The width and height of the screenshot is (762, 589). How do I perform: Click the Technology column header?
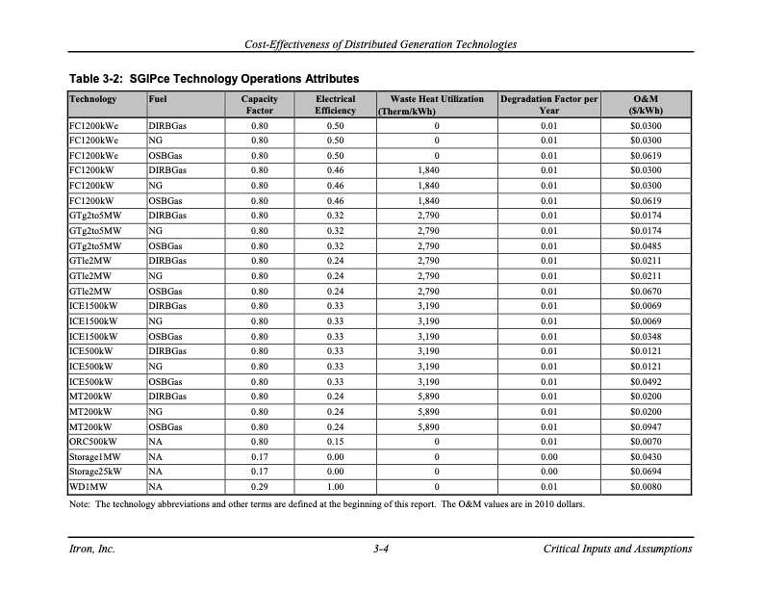click(x=93, y=99)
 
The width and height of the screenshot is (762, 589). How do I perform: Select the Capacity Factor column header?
click(x=259, y=105)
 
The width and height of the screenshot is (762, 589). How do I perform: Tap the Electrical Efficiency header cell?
click(x=335, y=105)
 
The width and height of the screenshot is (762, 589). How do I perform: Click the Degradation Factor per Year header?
click(x=549, y=105)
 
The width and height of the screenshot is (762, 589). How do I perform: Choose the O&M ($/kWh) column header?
click(x=647, y=105)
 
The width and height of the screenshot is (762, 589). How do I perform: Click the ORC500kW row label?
click(x=94, y=441)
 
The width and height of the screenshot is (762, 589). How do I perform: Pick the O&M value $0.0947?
click(x=647, y=425)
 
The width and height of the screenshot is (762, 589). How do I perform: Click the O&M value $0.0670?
click(x=647, y=291)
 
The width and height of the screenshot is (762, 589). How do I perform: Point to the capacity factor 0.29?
click(x=259, y=487)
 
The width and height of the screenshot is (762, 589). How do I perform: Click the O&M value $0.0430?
click(x=647, y=456)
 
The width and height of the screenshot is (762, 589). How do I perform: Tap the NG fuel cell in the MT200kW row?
click(x=155, y=410)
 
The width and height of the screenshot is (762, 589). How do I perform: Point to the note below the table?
click(x=327, y=504)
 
